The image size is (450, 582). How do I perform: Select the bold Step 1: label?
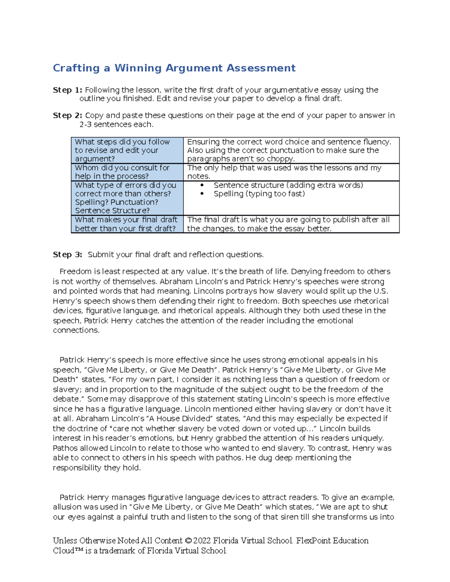(x=67, y=90)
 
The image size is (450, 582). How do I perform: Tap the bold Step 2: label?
(x=67, y=115)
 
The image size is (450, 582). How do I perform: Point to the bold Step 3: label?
(x=67, y=254)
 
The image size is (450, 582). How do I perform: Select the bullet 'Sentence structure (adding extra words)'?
(x=288, y=185)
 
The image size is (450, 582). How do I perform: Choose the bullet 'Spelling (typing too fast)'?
(x=259, y=194)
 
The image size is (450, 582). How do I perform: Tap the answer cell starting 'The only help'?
(x=284, y=172)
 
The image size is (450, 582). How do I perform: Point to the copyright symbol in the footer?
(x=188, y=541)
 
